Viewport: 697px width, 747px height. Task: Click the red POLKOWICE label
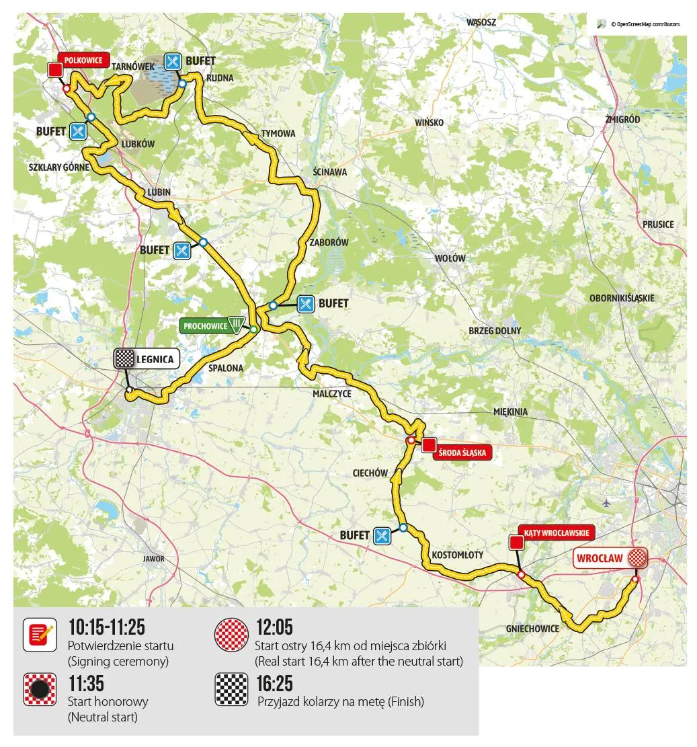(x=84, y=60)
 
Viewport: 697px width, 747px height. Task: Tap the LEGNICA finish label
(x=155, y=359)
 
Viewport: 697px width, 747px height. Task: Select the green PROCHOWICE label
(x=205, y=325)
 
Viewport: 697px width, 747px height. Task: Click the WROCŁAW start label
(x=600, y=557)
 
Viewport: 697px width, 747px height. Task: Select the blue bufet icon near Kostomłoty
(x=382, y=535)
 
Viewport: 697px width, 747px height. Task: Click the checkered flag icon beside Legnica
(x=124, y=358)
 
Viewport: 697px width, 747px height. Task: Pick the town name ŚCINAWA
(x=330, y=172)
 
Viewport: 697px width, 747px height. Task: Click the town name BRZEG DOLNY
(x=495, y=331)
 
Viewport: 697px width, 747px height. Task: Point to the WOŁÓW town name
(x=450, y=258)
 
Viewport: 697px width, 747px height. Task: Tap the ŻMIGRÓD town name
(x=622, y=119)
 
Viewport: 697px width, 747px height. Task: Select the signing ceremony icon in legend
(x=40, y=635)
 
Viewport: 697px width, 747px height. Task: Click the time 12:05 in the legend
(x=274, y=628)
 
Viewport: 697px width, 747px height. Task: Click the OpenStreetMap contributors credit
(x=645, y=24)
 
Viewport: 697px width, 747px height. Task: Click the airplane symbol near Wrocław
(x=606, y=502)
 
